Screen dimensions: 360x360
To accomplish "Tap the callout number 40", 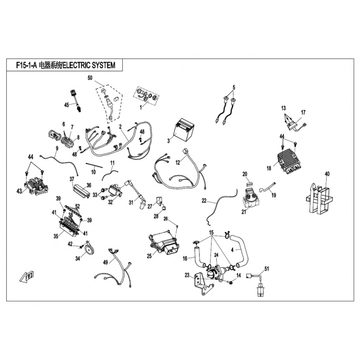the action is tap(327, 174).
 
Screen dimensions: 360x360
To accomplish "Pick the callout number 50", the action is tap(90, 78).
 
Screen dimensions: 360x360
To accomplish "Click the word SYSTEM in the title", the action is tap(104, 65).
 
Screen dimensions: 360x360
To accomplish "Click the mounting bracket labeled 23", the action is tap(202, 283).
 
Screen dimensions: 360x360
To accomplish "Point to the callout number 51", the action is tap(266, 268).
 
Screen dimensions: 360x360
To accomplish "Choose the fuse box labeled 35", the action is tap(69, 225).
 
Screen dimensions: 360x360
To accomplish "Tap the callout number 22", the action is tap(204, 200).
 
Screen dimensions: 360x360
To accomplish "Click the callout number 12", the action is tap(178, 162).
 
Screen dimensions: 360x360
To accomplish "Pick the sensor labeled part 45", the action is tap(76, 101).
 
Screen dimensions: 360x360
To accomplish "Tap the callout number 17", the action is tap(303, 112).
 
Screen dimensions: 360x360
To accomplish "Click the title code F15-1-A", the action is tap(27, 65).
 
